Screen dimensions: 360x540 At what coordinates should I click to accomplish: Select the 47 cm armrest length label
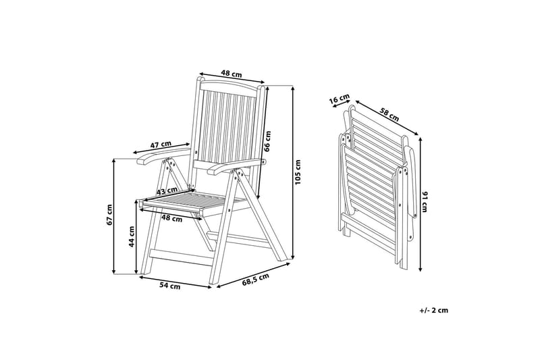[160, 145]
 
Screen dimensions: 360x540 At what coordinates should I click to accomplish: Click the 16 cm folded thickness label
[338, 101]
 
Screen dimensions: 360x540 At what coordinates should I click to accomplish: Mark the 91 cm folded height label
[425, 201]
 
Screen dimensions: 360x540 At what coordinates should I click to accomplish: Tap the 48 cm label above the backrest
[232, 75]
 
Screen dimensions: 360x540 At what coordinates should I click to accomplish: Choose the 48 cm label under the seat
[171, 218]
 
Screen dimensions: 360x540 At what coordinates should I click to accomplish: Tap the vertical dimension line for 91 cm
[421, 203]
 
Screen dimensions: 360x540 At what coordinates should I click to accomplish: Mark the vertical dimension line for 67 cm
[114, 216]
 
